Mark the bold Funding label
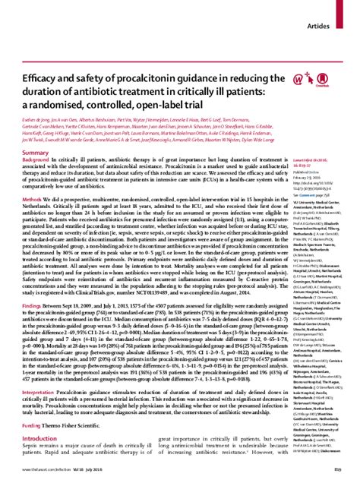pyautogui.click(x=33, y=448)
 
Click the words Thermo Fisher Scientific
pyautogui.click(x=77, y=448)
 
